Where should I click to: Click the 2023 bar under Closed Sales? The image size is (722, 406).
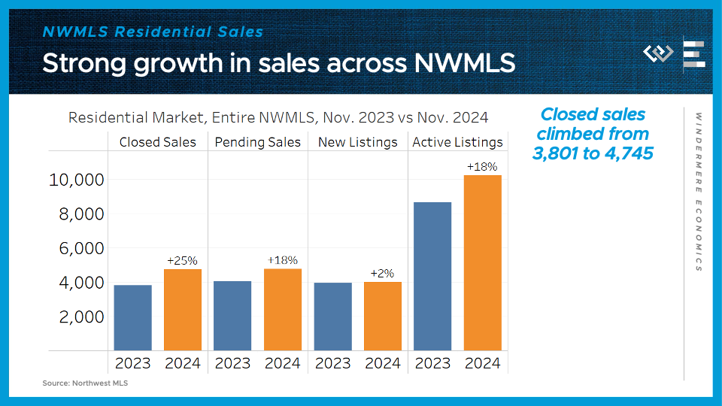click(x=133, y=317)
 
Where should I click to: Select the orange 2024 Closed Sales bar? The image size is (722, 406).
click(x=183, y=310)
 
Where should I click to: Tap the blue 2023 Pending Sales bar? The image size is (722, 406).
click(x=232, y=316)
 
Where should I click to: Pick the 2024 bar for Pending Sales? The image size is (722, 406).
click(x=283, y=310)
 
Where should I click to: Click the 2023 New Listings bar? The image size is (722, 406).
click(x=333, y=317)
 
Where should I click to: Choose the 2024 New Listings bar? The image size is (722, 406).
click(x=383, y=316)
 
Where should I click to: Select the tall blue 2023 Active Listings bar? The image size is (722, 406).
click(x=432, y=276)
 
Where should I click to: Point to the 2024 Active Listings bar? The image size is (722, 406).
click(x=483, y=262)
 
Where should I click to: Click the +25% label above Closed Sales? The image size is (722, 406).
click(x=183, y=261)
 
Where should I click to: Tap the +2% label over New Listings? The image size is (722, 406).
click(x=382, y=274)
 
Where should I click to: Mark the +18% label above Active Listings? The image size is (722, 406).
click(x=482, y=167)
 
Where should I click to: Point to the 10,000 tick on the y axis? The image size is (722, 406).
click(x=76, y=180)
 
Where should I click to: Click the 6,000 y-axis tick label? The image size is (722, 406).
click(x=81, y=249)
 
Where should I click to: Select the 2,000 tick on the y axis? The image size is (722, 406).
click(x=81, y=317)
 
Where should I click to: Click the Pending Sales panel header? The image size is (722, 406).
click(x=258, y=142)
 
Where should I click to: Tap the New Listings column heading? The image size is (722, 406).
click(x=358, y=142)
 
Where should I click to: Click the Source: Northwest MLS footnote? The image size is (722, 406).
click(x=79, y=383)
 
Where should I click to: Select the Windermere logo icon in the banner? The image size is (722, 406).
click(x=658, y=53)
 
